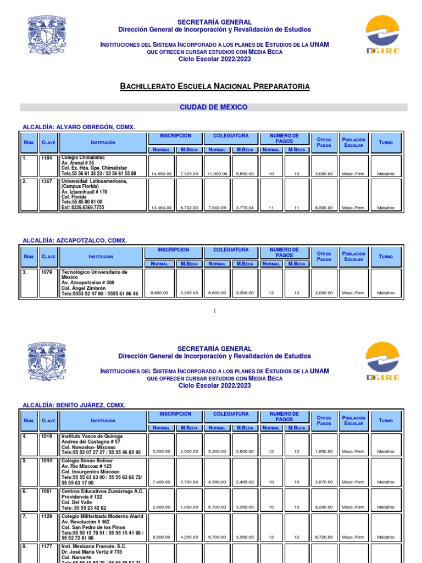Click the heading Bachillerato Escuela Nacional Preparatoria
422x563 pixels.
pyautogui.click(x=214, y=86)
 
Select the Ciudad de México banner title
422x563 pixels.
pyautogui.click(x=214, y=107)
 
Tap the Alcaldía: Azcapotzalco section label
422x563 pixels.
pyautogui.click(x=74, y=241)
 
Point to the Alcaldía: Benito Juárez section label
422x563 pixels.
pyautogui.click(x=74, y=405)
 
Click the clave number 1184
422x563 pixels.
pyautogui.click(x=46, y=158)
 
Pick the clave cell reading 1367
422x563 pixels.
pyautogui.click(x=46, y=181)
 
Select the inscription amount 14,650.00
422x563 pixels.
pyautogui.click(x=162, y=174)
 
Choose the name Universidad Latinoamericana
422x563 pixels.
pyautogui.click(x=94, y=181)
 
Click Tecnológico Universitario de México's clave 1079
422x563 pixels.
pyautogui.click(x=46, y=272)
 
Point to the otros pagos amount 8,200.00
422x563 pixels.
pyautogui.click(x=324, y=507)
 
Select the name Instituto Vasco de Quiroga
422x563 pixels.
pyautogui.click(x=92, y=436)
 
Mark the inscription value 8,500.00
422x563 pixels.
pyautogui.click(x=162, y=537)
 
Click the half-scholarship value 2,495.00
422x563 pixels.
pyautogui.click(x=245, y=482)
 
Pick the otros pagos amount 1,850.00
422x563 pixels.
pyautogui.click(x=324, y=452)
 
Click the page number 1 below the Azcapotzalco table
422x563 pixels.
pyautogui.click(x=214, y=312)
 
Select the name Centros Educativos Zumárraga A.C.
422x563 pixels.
pyautogui.click(x=102, y=491)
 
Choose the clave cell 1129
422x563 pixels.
pyautogui.click(x=46, y=516)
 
